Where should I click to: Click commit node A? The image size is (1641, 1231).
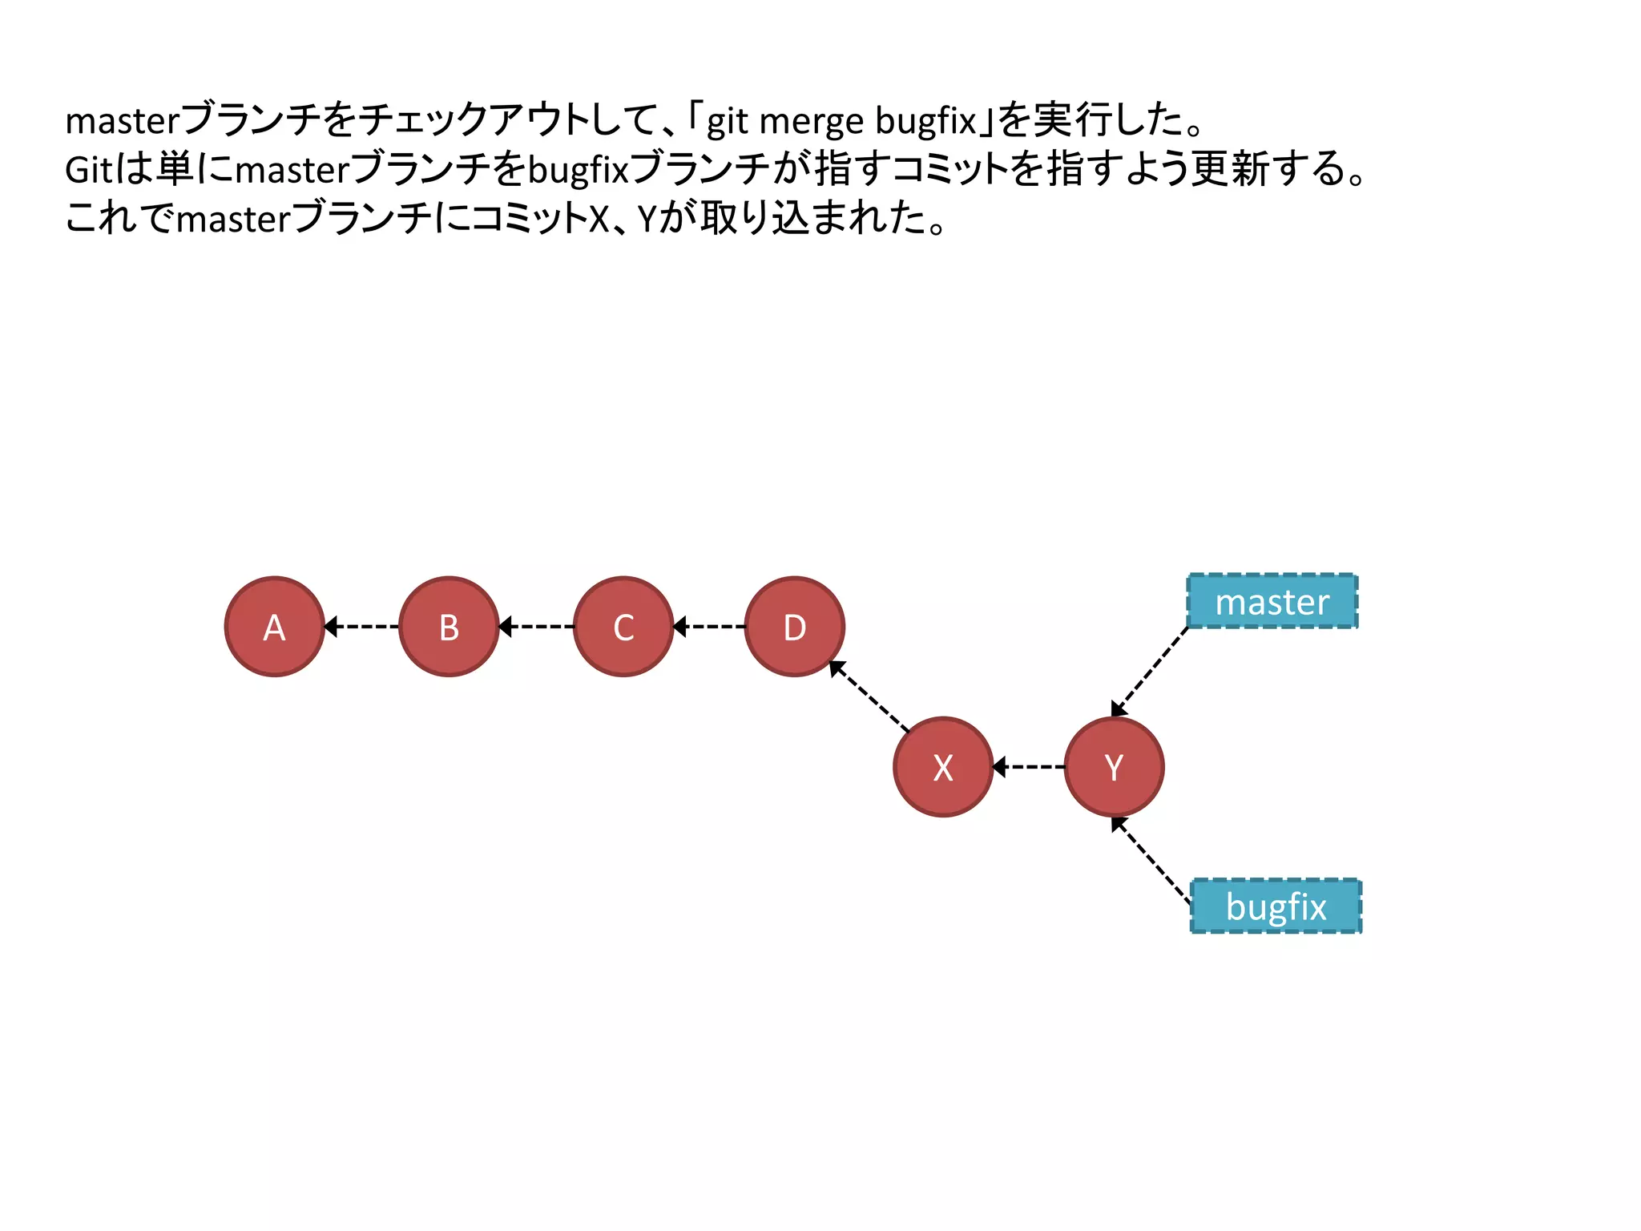tap(274, 627)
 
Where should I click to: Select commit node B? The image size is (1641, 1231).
tap(449, 627)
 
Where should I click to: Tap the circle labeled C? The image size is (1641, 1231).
tap(623, 627)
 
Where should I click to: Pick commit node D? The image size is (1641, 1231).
tap(794, 627)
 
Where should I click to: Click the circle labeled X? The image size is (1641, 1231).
tap(943, 767)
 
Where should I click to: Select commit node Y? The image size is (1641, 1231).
tap(1114, 767)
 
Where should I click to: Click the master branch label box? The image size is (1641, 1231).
tap(1272, 601)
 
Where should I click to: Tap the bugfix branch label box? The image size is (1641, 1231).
tap(1276, 906)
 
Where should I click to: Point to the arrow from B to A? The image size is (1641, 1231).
tap(361, 626)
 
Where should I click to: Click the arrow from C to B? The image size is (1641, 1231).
tap(536, 626)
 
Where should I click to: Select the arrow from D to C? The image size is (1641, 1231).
tap(709, 626)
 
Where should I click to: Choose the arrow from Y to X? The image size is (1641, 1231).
tap(1029, 767)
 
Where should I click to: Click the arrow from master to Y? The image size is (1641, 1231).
tap(1151, 671)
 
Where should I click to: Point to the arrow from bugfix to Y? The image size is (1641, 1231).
tap(1152, 860)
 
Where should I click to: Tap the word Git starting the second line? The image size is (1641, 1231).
tap(88, 170)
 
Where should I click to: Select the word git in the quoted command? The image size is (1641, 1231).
tap(727, 122)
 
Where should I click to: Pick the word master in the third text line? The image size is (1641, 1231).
tap(232, 219)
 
